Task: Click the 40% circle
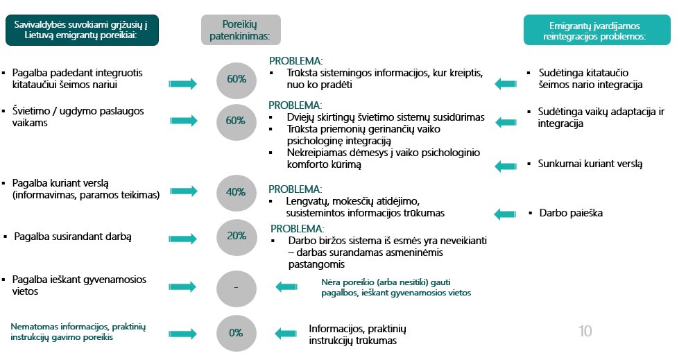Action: pyautogui.click(x=237, y=193)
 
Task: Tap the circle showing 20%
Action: pyautogui.click(x=237, y=237)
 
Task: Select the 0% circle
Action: pyautogui.click(x=237, y=333)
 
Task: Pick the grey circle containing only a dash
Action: pyautogui.click(x=237, y=289)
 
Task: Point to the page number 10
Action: pyautogui.click(x=585, y=331)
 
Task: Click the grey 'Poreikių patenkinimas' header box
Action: pyautogui.click(x=241, y=30)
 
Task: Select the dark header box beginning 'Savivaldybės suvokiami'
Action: pyautogui.click(x=82, y=31)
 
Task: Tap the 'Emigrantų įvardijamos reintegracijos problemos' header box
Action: pyautogui.click(x=597, y=30)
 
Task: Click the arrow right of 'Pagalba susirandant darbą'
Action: pyautogui.click(x=183, y=239)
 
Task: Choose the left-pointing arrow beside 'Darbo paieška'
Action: pyautogui.click(x=506, y=214)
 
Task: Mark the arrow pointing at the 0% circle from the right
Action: pyautogui.click(x=286, y=334)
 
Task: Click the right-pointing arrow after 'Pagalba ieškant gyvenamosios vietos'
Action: pyautogui.click(x=183, y=287)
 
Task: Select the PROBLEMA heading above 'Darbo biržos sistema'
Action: pyautogui.click(x=297, y=229)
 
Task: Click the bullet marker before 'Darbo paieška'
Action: pyautogui.click(x=530, y=213)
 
